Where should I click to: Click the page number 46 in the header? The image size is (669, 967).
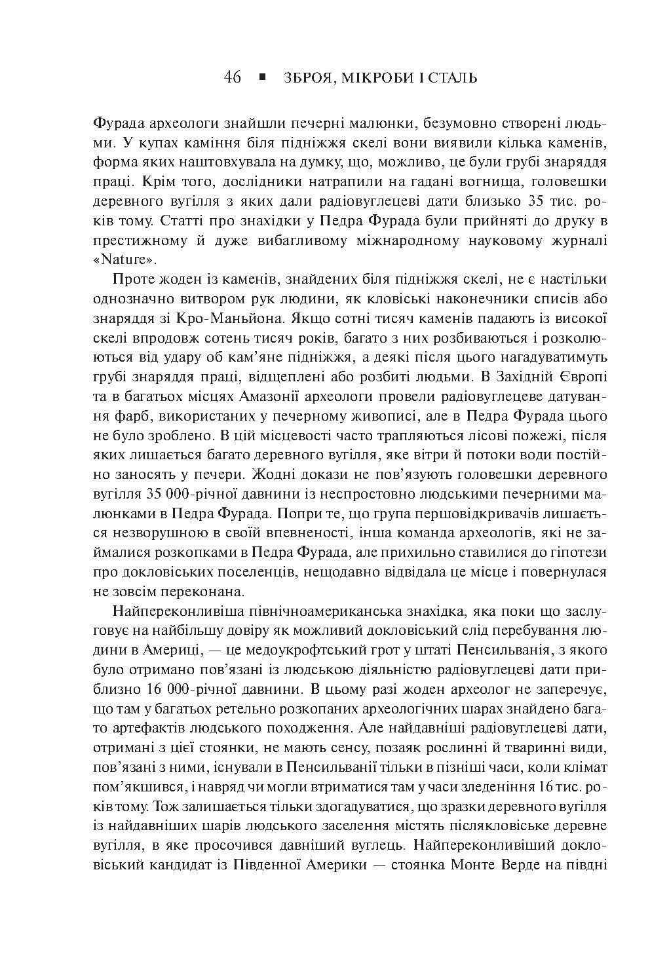coord(232,78)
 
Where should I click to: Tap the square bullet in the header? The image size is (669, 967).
coord(263,77)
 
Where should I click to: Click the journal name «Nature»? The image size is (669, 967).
coord(125,259)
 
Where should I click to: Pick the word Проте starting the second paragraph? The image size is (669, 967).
coord(134,280)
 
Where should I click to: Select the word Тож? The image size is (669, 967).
coord(153,805)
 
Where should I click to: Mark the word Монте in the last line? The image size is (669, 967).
coord(484,863)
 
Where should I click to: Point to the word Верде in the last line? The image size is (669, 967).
coord(532,863)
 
